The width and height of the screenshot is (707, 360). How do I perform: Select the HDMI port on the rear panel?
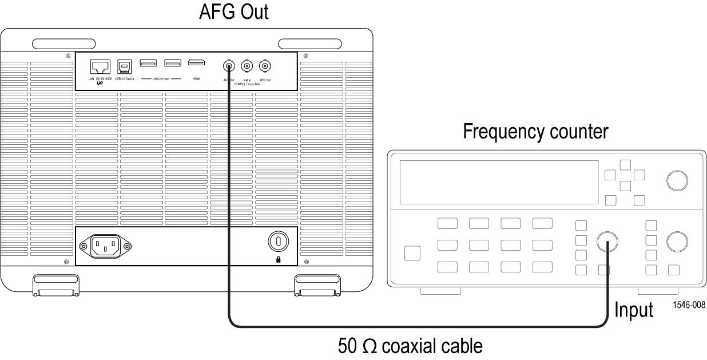click(x=196, y=62)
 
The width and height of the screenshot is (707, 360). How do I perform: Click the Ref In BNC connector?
click(x=248, y=66)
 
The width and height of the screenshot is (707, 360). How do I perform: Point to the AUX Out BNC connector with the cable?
click(x=229, y=66)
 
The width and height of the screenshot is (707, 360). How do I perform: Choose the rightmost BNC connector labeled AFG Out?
click(x=265, y=66)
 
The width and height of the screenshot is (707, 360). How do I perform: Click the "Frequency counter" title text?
click(x=536, y=132)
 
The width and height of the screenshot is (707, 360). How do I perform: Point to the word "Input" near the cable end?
click(x=634, y=310)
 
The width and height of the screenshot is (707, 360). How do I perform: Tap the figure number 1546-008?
click(x=689, y=305)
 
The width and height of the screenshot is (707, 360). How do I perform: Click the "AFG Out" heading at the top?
click(x=233, y=12)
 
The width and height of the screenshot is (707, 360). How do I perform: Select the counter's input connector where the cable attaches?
click(x=607, y=243)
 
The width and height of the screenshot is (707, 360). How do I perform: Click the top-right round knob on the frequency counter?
click(x=677, y=181)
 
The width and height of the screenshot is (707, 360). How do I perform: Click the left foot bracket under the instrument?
click(x=55, y=284)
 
